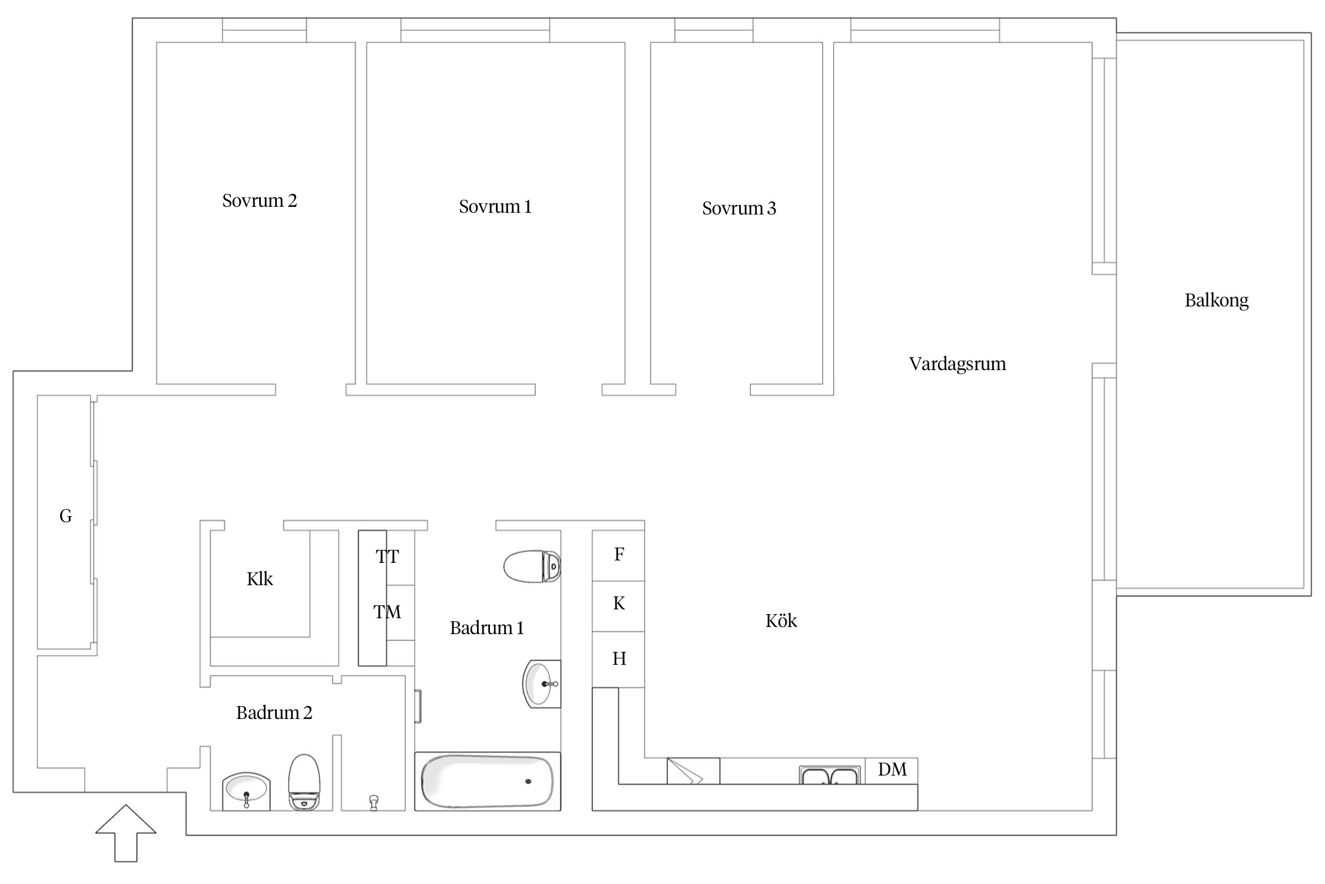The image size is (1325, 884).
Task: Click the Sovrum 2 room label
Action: (260, 201)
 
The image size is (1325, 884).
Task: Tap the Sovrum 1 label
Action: (495, 207)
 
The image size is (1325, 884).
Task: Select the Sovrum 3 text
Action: (739, 208)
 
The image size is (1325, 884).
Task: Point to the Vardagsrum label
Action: (958, 364)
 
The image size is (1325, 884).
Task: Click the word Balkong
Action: (1217, 301)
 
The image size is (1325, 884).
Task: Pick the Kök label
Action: (781, 621)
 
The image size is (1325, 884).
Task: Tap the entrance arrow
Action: (126, 833)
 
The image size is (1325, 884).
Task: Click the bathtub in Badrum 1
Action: (488, 781)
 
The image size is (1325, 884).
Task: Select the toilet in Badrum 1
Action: (532, 566)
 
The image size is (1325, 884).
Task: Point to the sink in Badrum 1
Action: (542, 684)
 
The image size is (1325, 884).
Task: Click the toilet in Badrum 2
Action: (304, 783)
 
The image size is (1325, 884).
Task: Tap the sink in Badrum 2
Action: (246, 792)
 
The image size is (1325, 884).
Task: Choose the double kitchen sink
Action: (829, 775)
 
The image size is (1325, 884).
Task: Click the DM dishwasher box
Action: (892, 771)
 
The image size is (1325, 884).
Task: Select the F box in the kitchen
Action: (618, 556)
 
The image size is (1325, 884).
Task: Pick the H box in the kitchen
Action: (618, 659)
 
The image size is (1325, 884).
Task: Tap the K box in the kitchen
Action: (618, 606)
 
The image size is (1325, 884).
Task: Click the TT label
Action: (387, 556)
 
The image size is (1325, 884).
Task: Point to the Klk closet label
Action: (260, 579)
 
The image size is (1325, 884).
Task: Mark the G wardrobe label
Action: (66, 516)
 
